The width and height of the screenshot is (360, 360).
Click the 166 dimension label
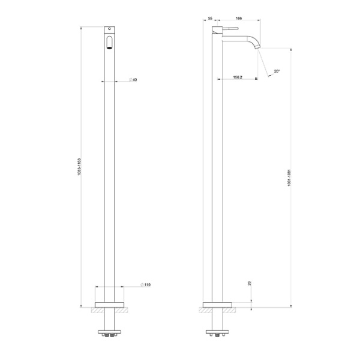coord(239,19)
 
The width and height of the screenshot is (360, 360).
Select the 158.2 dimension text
coord(238,77)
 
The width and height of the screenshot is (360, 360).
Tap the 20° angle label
coord(277,72)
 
